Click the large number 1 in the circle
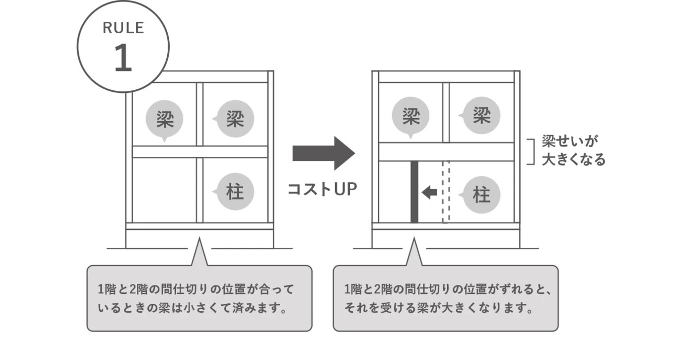[123, 59]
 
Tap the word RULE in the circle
[123, 28]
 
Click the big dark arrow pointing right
[323, 153]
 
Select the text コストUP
[322, 189]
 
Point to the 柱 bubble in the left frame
[235, 192]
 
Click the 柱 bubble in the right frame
[481, 195]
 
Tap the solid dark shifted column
[414, 192]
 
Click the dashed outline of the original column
[446, 192]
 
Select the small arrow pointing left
[429, 192]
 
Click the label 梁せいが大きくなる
[573, 150]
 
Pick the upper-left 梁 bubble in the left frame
[164, 120]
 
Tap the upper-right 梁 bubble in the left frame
[235, 119]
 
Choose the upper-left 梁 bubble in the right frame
[410, 117]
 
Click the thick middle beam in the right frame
[446, 152]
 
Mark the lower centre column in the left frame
[200, 190]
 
